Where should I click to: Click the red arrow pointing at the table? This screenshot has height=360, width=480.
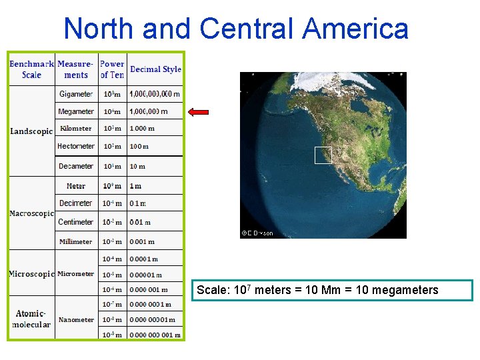199,112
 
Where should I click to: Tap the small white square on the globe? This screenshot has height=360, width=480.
323,155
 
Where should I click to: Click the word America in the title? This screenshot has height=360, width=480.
355,29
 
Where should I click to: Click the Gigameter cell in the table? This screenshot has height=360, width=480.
76,94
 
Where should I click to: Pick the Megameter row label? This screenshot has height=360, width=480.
76,111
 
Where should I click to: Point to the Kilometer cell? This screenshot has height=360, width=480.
76,129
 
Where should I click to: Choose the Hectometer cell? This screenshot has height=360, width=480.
76,146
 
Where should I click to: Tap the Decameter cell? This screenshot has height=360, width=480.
76,166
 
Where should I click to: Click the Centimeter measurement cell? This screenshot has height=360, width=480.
76,222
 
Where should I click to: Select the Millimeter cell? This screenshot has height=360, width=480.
76,241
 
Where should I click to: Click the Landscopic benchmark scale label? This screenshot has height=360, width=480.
31,131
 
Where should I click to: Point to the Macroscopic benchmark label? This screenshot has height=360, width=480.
31,213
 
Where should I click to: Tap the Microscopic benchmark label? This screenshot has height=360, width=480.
31,274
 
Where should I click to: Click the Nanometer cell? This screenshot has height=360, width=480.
76,320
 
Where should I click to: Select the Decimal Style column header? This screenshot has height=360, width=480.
155,69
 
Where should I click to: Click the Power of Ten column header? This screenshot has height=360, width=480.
112,69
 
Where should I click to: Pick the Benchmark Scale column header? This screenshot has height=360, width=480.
31,69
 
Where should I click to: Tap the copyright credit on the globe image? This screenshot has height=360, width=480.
257,233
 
